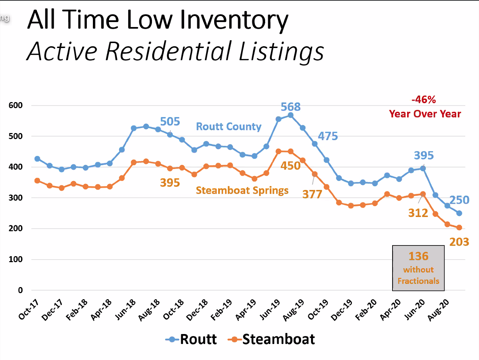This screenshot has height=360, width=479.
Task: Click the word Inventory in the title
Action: [234, 20]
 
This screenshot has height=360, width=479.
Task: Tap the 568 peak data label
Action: [290, 107]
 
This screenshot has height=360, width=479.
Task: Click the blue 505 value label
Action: [170, 122]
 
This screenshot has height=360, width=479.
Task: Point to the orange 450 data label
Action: [290, 166]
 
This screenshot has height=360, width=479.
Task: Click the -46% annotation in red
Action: [423, 100]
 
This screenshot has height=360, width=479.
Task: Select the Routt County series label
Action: [228, 127]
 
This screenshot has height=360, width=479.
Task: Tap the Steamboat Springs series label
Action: [242, 190]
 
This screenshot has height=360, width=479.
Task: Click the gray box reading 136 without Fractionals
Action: [418, 268]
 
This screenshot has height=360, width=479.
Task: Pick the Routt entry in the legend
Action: [191, 339]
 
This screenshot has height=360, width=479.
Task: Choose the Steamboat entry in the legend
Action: [272, 339]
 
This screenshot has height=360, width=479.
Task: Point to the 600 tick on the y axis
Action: [16, 105]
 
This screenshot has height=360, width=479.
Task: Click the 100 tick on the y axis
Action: [16, 259]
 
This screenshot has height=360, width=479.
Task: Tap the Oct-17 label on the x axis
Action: [28, 309]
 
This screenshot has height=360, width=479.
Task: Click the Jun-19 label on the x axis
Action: [270, 309]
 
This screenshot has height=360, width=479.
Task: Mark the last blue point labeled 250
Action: [459, 213]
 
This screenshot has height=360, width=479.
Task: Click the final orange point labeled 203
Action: [459, 228]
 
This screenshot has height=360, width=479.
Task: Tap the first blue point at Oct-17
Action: [37, 159]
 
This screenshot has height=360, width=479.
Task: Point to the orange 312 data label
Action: [418, 213]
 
